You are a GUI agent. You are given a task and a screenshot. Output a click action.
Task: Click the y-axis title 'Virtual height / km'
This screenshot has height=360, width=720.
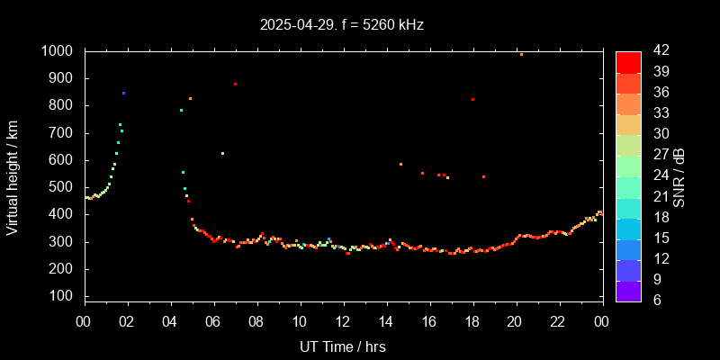click(13, 177)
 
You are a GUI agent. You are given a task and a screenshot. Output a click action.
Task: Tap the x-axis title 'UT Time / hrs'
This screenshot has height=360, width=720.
click(343, 346)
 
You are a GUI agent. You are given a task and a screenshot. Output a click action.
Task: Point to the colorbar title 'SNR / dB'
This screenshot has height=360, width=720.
click(679, 177)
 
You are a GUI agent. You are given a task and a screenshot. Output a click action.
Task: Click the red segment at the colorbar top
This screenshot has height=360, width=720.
click(628, 61)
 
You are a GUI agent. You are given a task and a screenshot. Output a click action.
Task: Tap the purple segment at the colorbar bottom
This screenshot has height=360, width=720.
click(628, 290)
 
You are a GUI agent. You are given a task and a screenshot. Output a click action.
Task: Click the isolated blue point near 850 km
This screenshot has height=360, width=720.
click(123, 93)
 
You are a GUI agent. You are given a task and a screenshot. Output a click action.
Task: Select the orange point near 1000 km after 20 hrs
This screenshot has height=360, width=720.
click(521, 54)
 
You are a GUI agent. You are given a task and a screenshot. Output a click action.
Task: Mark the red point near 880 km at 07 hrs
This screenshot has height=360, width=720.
click(235, 85)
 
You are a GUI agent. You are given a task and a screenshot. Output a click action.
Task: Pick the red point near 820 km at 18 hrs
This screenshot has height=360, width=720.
click(472, 100)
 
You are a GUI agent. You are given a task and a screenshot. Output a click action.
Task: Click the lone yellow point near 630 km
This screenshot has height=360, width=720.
click(222, 153)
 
